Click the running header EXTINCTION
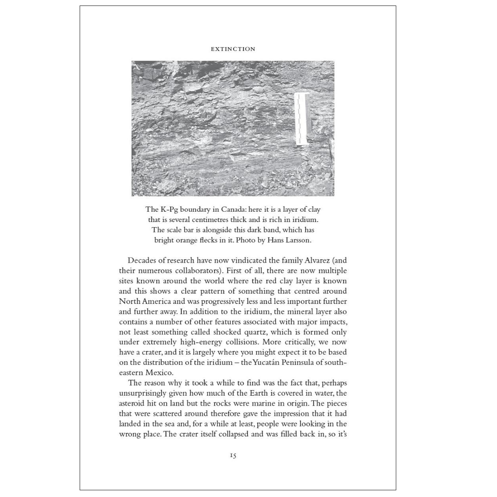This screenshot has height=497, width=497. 233,49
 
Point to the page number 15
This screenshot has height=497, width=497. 233,455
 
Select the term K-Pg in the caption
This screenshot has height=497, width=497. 169,209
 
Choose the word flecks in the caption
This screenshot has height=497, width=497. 216,240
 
